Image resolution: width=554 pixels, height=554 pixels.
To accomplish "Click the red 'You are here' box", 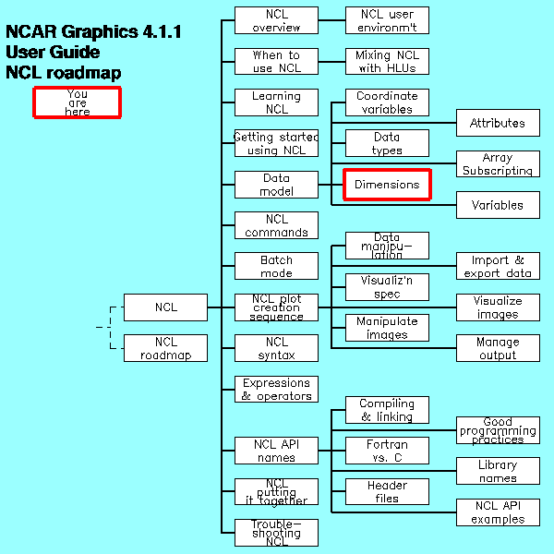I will tap(78, 102).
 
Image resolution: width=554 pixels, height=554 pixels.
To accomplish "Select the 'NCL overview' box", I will tap(276, 20).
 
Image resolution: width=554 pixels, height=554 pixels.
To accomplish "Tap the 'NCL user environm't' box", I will tap(387, 20).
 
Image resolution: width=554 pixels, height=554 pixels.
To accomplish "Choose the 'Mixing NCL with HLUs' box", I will tap(387, 62).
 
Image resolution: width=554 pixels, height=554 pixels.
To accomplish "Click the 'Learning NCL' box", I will tap(276, 102).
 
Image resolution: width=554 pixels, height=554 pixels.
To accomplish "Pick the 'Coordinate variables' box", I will tap(387, 102).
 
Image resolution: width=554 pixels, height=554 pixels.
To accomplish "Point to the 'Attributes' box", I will tap(498, 123).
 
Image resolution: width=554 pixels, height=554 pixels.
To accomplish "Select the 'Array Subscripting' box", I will tap(498, 164).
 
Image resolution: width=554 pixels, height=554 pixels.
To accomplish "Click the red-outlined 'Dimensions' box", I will tap(387, 185).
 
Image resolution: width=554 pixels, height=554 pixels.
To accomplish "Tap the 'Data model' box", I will tap(276, 185).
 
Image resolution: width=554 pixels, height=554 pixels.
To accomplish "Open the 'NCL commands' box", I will tap(276, 225).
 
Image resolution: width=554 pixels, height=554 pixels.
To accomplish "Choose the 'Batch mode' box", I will tap(276, 266).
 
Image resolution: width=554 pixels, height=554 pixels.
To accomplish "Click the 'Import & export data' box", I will tap(498, 266).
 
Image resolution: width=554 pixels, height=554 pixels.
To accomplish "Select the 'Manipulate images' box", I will tap(387, 328).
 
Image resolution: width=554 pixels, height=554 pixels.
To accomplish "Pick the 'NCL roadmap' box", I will tap(165, 348).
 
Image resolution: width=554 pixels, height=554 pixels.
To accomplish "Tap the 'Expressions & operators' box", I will tap(276, 389).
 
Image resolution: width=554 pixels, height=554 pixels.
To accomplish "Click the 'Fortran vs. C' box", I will tap(387, 451).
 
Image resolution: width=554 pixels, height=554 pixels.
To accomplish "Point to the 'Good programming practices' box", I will tap(498, 430).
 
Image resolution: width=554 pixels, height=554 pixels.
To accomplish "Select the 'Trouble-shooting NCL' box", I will tap(276, 533).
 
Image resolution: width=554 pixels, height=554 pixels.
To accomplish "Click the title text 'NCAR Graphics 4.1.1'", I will tap(93, 32).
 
